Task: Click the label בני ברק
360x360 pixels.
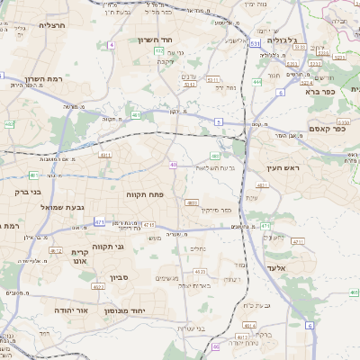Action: click(28, 191)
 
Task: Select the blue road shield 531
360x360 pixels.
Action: click(256, 42)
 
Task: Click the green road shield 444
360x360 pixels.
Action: click(256, 82)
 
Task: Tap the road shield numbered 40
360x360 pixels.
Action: click(173, 165)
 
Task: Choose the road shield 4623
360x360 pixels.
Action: click(200, 271)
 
